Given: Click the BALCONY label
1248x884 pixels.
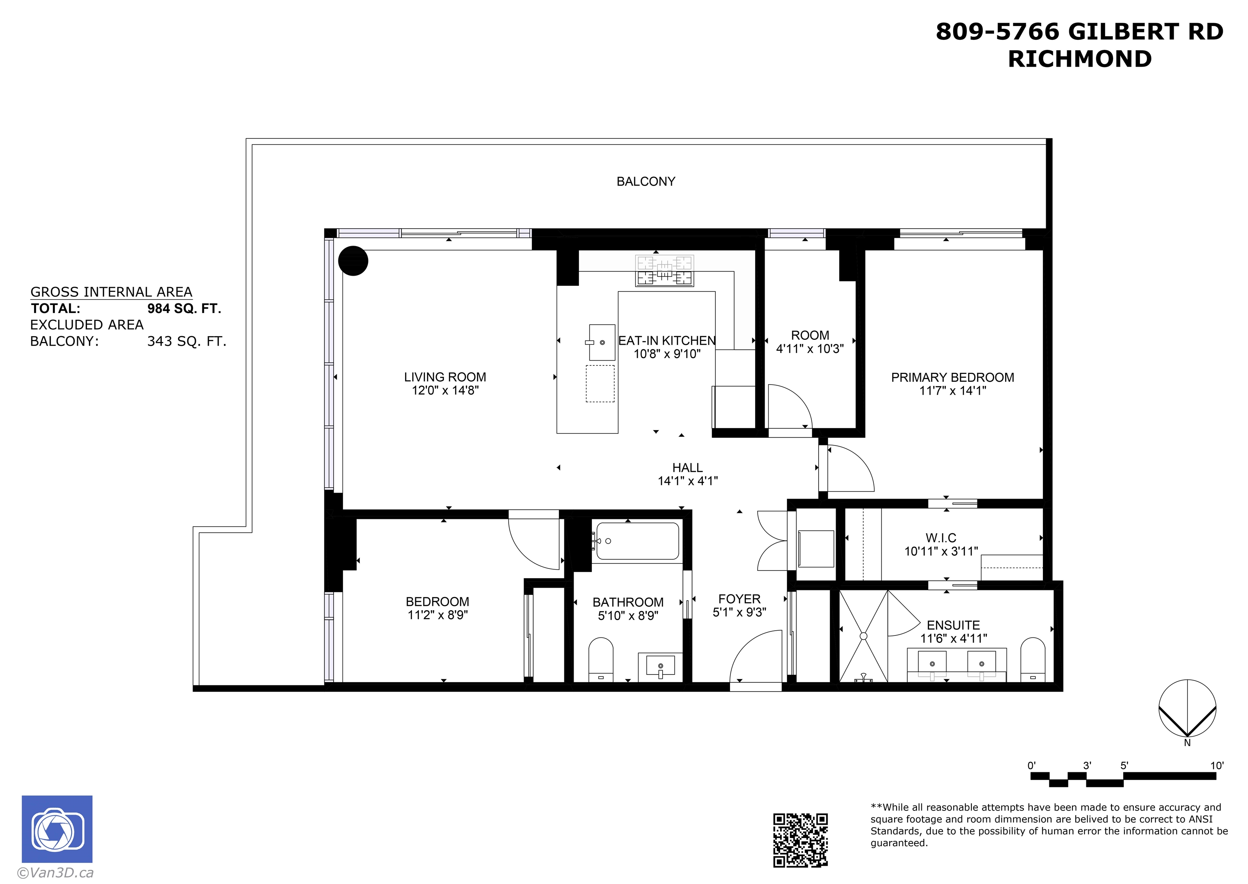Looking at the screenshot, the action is [x=646, y=181].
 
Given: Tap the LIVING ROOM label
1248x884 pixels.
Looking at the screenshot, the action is [x=445, y=377].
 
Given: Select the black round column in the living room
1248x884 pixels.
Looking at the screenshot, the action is [x=353, y=261].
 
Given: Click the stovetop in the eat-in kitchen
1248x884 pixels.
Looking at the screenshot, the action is [x=664, y=270].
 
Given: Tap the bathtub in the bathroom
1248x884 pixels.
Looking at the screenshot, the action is [x=638, y=541].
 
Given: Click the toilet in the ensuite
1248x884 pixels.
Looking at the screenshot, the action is [x=1032, y=660].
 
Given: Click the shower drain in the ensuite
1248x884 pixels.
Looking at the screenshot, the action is [x=864, y=636].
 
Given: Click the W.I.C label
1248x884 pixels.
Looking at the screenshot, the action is [x=941, y=537].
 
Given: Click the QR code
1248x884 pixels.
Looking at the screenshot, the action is [x=800, y=840].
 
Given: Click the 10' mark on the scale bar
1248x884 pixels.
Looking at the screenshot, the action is [x=1216, y=765].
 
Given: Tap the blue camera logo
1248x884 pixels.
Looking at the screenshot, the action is [x=57, y=828].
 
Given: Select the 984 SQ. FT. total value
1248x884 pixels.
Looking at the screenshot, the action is [x=184, y=309].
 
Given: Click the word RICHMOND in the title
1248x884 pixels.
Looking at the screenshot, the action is [x=1080, y=59].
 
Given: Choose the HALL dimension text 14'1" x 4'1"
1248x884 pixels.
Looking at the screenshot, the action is [x=688, y=481].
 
